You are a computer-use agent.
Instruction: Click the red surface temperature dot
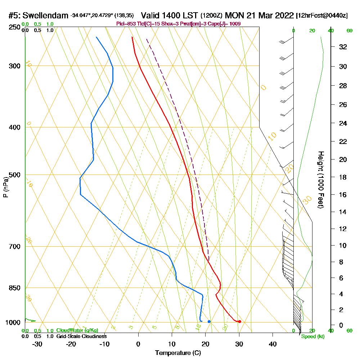pos(239,321)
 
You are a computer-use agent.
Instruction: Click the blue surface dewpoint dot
pos(209,321)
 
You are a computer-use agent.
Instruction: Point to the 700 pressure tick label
pos(14,247)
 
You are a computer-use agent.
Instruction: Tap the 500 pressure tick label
pos(14,175)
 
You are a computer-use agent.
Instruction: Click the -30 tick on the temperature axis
pos(37,344)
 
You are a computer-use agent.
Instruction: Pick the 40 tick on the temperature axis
pos(273,344)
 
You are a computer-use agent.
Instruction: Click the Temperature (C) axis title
pos(178,353)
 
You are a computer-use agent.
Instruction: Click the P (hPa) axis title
pos(5,187)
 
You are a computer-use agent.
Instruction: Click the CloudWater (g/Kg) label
pos(77,330)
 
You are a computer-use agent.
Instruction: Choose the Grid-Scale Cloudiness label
pos(81,336)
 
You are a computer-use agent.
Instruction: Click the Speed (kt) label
pos(312,336)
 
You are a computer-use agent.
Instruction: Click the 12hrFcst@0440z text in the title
pos(322,16)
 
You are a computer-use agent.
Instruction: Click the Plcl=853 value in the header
pos(125,24)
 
